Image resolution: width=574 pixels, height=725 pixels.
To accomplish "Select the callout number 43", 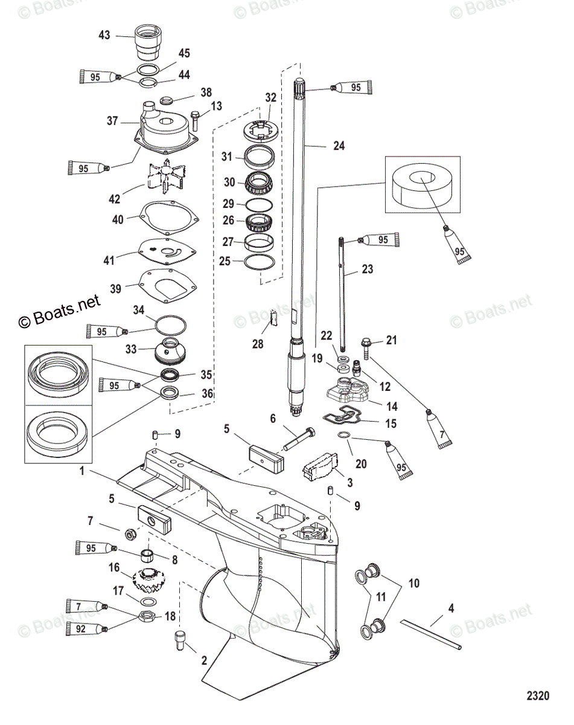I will click(x=104, y=36).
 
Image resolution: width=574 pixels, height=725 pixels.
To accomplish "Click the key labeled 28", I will click(x=273, y=315).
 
